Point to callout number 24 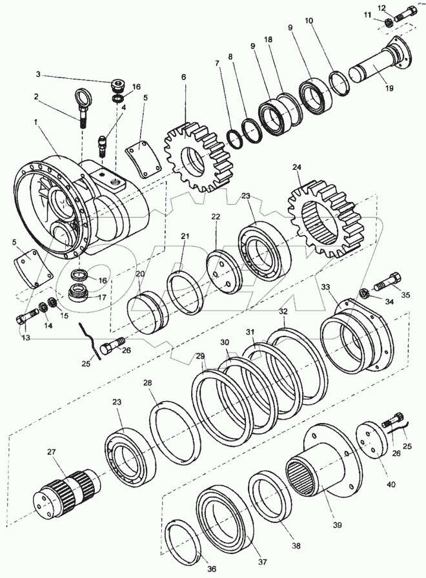point(296,167)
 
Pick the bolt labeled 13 point(26,318)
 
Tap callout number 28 point(148,384)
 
